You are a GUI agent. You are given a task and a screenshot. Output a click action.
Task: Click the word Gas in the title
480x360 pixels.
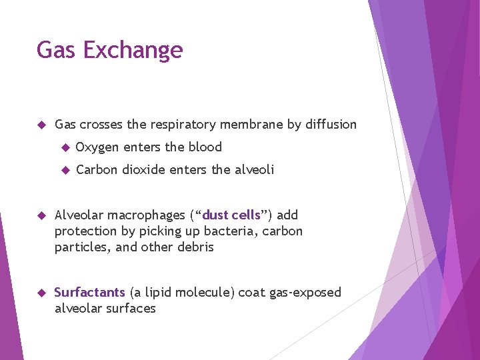pyautogui.click(x=55, y=51)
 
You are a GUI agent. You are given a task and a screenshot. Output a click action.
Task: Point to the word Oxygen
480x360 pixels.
pyautogui.click(x=97, y=147)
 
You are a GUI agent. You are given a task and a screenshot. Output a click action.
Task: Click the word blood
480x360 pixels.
pyautogui.click(x=205, y=147)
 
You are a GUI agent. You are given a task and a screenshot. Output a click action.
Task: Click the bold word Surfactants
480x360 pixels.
pyautogui.click(x=89, y=293)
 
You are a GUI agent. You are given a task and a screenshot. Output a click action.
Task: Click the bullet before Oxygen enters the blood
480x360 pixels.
pyautogui.click(x=65, y=147)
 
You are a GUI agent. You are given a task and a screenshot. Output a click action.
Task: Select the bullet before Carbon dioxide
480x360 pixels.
pyautogui.click(x=65, y=170)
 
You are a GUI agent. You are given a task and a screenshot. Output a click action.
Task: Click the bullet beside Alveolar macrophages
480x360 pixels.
pyautogui.click(x=41, y=215)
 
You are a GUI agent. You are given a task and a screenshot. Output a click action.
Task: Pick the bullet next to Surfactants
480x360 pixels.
pyautogui.click(x=41, y=293)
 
